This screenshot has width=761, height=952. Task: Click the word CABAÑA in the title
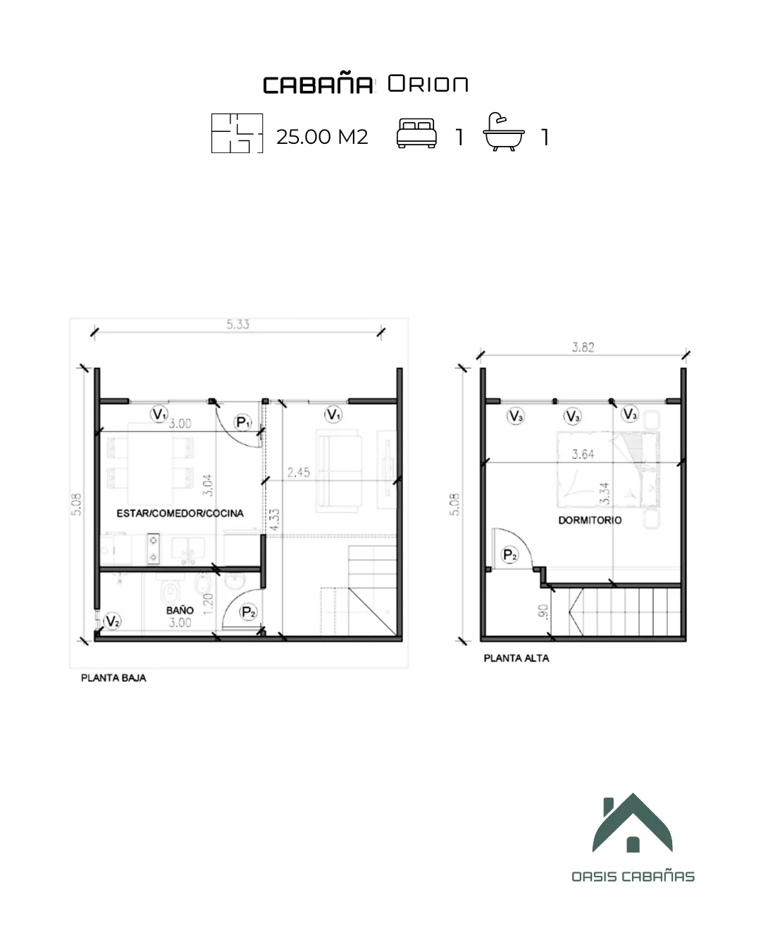(x=318, y=85)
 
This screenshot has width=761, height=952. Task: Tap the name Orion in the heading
(x=428, y=84)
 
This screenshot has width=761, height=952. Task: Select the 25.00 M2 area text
(x=322, y=137)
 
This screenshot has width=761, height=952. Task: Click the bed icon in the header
(x=416, y=134)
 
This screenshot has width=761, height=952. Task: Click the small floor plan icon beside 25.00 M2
(x=237, y=133)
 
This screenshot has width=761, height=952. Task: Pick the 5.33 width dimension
(x=237, y=324)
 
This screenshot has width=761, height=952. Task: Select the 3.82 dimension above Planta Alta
(x=583, y=347)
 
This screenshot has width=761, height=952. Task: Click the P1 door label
(x=242, y=422)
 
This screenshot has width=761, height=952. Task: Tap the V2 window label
(x=112, y=621)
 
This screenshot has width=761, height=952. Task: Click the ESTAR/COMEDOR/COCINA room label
(x=180, y=513)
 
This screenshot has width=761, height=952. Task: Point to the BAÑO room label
(x=180, y=610)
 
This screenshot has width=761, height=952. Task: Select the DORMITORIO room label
(x=590, y=520)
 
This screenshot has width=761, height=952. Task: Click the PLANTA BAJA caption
(x=113, y=678)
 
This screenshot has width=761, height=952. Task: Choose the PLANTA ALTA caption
(x=516, y=658)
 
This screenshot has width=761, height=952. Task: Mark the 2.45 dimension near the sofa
(x=298, y=472)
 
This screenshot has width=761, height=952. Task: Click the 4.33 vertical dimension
(x=274, y=520)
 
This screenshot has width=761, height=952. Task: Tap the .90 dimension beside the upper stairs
(x=543, y=611)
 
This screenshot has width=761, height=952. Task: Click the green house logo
(x=632, y=823)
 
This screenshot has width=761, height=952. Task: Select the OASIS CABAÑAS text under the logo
(x=633, y=877)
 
